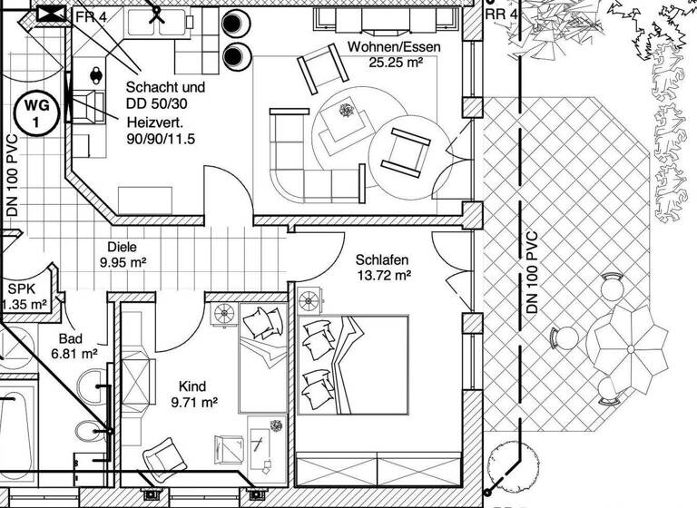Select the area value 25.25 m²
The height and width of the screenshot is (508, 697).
397,63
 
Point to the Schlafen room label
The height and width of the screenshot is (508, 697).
381,259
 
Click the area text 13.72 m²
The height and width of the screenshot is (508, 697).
384,275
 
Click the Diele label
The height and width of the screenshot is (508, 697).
122,246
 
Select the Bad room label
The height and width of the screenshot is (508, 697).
71,337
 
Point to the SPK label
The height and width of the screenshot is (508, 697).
21,288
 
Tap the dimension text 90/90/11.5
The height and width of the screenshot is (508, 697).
162,139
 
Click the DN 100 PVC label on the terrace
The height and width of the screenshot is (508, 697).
533,273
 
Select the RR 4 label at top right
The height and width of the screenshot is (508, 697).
502,15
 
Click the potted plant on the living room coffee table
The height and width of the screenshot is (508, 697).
346,112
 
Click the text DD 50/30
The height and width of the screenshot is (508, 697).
158,105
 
